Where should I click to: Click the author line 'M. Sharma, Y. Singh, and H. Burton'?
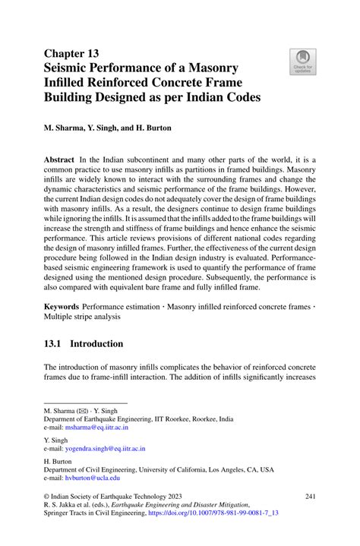coord(107,128)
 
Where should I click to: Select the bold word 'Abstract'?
coord(60,160)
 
